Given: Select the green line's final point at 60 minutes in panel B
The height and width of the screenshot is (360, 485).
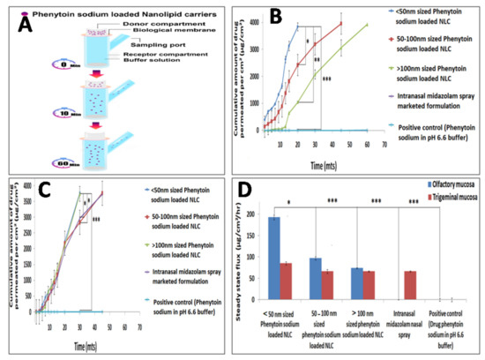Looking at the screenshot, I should (x=367, y=25).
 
